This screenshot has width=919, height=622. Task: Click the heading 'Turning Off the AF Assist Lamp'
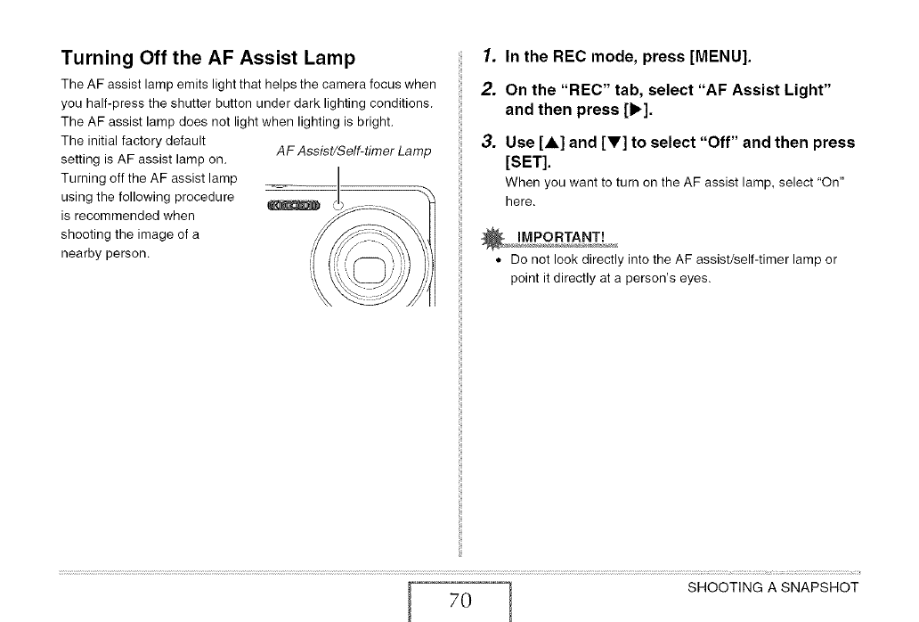208,59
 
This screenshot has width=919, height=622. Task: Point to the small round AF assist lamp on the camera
337,206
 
